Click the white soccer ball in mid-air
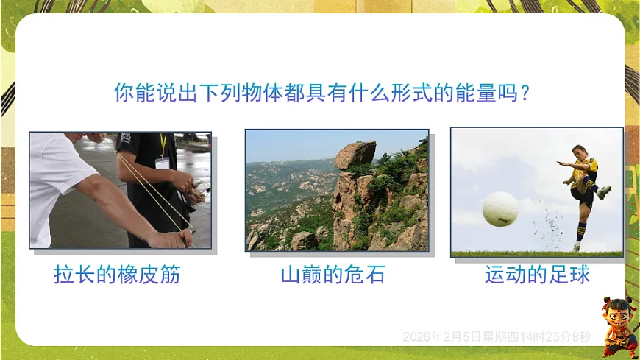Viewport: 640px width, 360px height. (500, 209)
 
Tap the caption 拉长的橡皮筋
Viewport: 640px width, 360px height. (117, 275)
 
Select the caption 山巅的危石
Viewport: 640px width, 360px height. (333, 275)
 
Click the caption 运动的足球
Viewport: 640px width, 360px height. (537, 275)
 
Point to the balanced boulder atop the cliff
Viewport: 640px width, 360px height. (356, 155)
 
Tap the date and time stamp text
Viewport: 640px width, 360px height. (497, 337)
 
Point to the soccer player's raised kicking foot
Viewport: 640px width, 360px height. (604, 193)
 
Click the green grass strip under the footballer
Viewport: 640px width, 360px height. (537, 254)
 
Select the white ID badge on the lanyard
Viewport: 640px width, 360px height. (162, 162)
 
